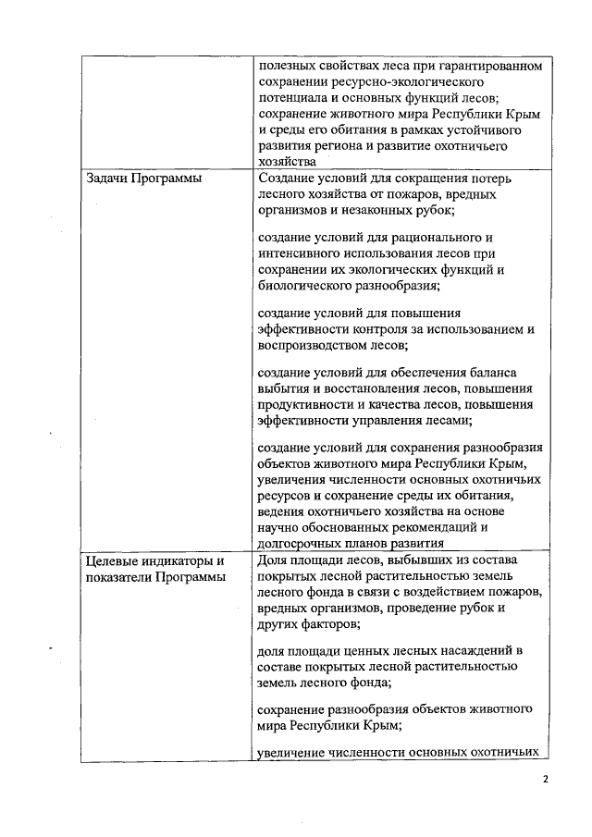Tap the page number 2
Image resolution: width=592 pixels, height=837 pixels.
[x=546, y=779]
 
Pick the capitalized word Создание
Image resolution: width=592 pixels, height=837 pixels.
[x=287, y=178]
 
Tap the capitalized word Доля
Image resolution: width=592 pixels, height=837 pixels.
[x=274, y=560]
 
